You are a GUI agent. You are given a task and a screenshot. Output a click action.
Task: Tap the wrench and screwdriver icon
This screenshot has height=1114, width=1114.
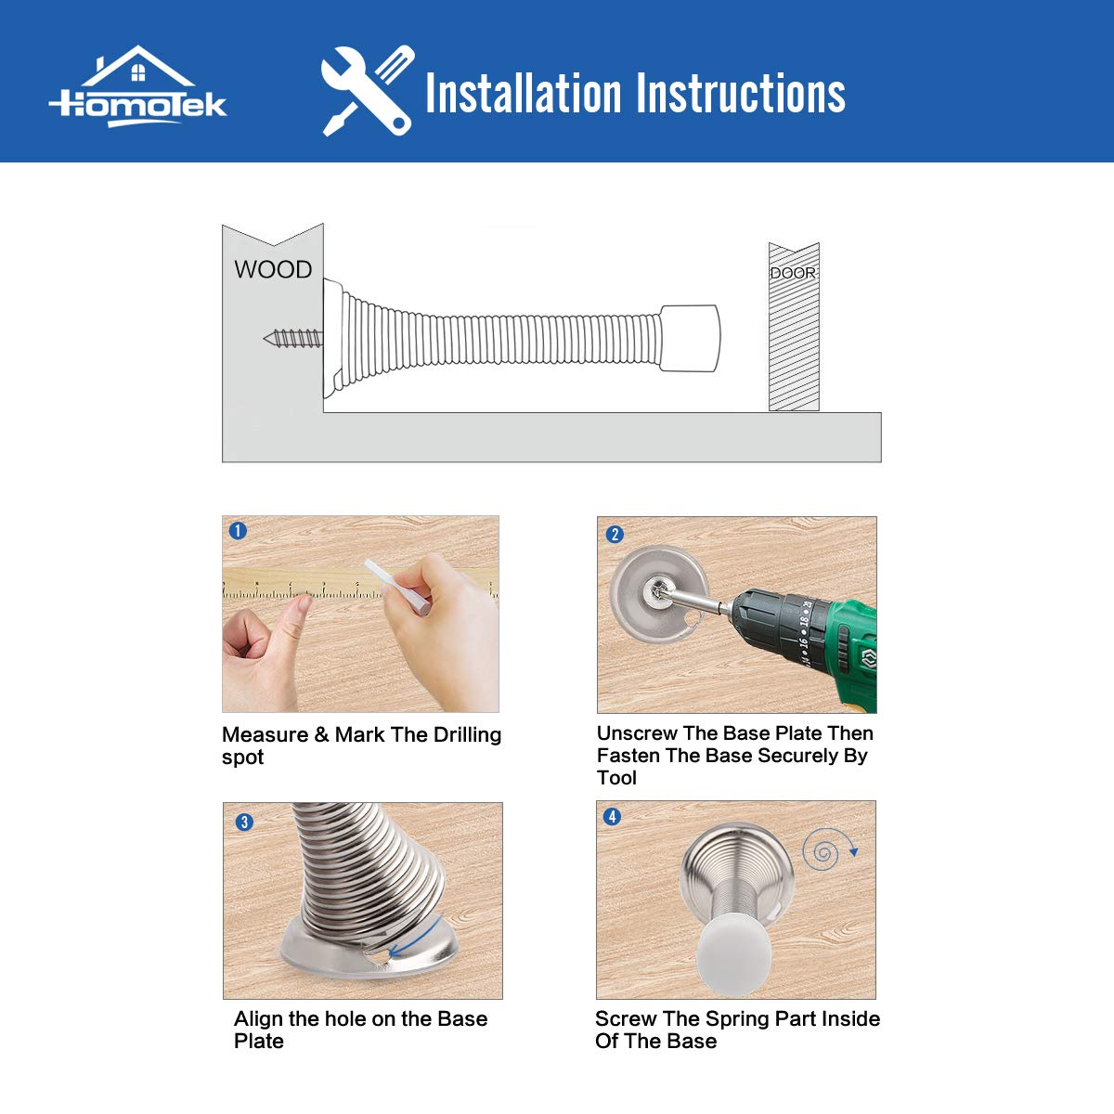(368, 91)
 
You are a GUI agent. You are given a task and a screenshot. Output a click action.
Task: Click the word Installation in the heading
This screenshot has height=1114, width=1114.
(524, 93)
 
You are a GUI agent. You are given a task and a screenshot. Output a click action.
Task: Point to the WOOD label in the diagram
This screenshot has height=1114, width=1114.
(273, 270)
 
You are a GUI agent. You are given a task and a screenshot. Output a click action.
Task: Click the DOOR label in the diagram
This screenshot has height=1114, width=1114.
(793, 273)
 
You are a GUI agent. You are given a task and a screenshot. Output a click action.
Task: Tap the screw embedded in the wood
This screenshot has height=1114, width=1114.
(293, 339)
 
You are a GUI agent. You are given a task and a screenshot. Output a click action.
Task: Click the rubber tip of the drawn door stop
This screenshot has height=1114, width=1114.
(690, 338)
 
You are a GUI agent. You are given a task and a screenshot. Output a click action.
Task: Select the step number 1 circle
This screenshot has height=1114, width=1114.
(238, 531)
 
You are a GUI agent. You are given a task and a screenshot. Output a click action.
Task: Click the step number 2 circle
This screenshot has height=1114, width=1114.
(615, 534)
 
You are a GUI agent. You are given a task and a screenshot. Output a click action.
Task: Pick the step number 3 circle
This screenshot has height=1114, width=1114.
(244, 823)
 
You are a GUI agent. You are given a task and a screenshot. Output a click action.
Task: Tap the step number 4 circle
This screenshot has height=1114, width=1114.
(612, 817)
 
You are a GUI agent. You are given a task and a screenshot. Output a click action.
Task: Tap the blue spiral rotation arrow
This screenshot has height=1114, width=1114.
(828, 848)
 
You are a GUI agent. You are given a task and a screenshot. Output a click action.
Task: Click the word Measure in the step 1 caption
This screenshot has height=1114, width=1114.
(266, 735)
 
